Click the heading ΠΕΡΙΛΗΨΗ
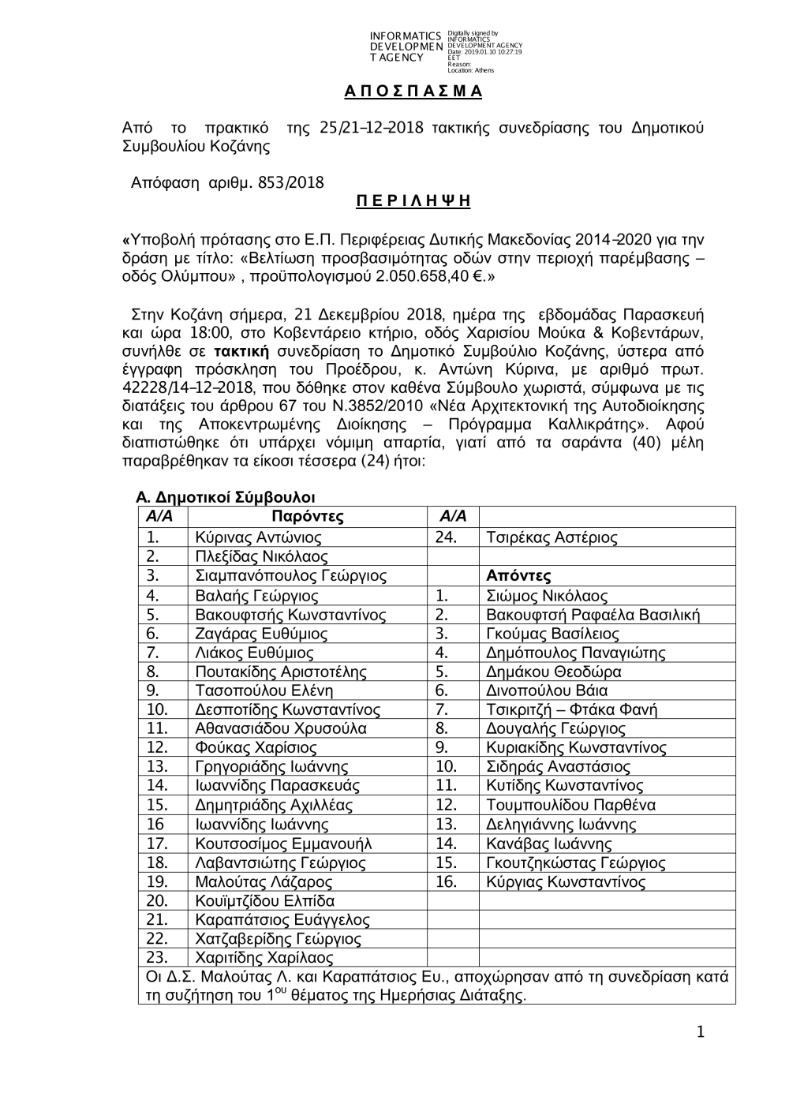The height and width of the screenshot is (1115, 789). tap(413, 201)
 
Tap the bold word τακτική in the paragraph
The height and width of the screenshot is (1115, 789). tap(241, 351)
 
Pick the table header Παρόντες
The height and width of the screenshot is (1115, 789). tap(307, 517)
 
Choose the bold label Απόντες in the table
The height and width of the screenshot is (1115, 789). tap(518, 576)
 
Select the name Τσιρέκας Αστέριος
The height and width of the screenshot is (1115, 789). tap(552, 538)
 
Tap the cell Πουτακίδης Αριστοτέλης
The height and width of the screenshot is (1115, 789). tap(281, 672)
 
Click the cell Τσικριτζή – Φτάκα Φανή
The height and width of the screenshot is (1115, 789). tap(572, 709)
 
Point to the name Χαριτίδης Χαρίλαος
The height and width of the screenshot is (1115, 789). tap(264, 958)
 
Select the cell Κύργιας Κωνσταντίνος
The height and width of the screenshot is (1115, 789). tap(566, 882)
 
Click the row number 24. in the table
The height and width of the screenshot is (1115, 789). tap(446, 538)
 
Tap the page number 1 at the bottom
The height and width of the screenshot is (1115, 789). tap(701, 1033)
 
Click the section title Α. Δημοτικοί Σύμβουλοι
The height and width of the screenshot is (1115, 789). tap(226, 498)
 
